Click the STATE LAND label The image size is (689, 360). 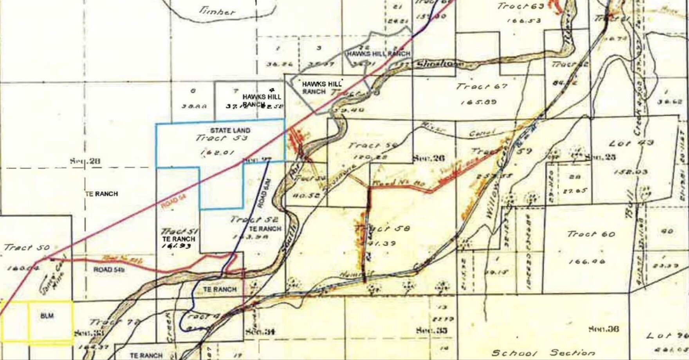click(230, 130)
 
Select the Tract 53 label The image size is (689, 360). click(216, 138)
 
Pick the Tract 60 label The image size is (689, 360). click(592, 234)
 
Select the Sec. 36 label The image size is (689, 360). click(604, 329)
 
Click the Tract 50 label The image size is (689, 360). click(27, 248)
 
